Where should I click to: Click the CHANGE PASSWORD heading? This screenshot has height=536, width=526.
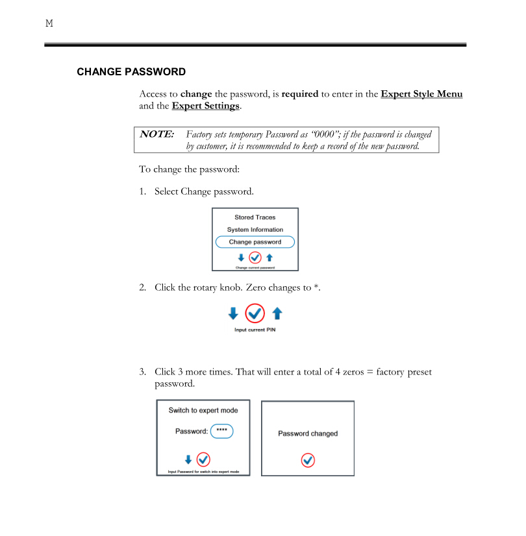pos(131,72)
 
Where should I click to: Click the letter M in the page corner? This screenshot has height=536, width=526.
pos(49,24)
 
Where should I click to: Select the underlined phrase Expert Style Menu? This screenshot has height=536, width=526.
pos(421,94)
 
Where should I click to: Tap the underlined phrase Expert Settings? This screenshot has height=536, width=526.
pos(206,106)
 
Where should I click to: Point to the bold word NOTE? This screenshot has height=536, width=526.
pos(157,134)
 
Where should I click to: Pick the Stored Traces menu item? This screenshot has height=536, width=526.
pos(255,217)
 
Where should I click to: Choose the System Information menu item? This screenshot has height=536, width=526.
pos(255,230)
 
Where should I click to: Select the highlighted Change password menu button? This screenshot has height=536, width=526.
pos(255,242)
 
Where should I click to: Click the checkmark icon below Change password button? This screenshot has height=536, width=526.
pos(255,258)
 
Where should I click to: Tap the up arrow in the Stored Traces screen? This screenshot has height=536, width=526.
pos(269,258)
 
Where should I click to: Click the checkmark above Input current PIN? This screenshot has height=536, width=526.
pos(255,314)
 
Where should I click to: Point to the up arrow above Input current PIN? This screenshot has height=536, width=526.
pos(277,314)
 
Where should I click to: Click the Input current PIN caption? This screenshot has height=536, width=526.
pos(255,330)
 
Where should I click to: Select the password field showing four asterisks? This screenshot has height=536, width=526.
pos(221,431)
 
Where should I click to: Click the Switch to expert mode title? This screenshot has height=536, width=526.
pos(203,410)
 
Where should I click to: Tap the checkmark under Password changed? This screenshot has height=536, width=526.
pos(308,460)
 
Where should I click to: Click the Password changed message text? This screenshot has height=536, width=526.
pos(308,433)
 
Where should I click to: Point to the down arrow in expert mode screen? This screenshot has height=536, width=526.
pos(188,459)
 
